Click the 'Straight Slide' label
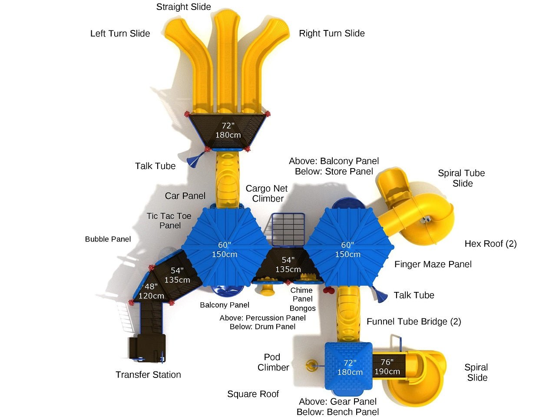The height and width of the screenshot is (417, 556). tap(183, 7)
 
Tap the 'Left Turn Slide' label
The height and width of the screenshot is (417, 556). tap(120, 33)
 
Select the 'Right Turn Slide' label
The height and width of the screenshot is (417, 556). tap(331, 33)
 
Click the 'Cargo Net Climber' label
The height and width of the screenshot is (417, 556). tap(267, 194)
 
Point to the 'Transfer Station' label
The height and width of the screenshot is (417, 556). tap(148, 375)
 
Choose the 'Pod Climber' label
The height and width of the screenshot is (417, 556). tap(273, 362)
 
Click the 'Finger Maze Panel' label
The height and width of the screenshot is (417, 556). tap(433, 264)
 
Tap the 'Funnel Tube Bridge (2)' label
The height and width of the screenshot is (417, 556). tap(414, 321)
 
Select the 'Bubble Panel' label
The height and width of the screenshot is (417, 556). tap(108, 239)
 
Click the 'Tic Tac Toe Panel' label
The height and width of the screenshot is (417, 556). tap(169, 221)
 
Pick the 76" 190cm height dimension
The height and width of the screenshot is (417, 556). tap(387, 367)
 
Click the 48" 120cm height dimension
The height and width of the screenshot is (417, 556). tap(151, 291)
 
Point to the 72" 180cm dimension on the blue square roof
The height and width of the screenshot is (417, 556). tap(350, 367)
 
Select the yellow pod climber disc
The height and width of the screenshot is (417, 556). tap(311, 365)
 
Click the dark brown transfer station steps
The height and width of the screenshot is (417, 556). tap(146, 347)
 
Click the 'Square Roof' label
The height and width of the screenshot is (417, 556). tap(253, 394)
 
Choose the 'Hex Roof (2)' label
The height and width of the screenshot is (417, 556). tap(490, 244)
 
